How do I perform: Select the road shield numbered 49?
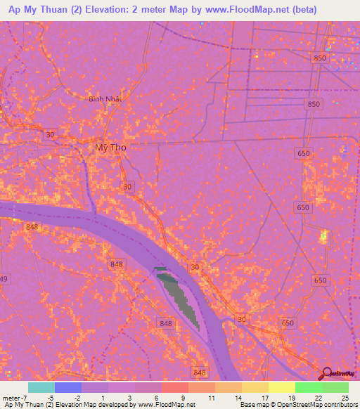(x=4, y=279)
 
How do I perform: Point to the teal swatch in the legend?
(x=41, y=387)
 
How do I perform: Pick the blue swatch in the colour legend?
(x=68, y=387)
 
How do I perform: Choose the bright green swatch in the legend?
(x=308, y=387)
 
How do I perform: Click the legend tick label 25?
(x=344, y=398)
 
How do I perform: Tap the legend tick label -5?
(x=50, y=398)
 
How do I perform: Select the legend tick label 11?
(x=211, y=398)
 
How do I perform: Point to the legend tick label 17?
(x=264, y=398)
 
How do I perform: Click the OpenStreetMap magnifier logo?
(x=327, y=374)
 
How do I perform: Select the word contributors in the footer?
(x=338, y=405)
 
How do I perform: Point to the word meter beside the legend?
(x=11, y=398)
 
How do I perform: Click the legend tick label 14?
(x=238, y=398)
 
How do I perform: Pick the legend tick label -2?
(x=77, y=398)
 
